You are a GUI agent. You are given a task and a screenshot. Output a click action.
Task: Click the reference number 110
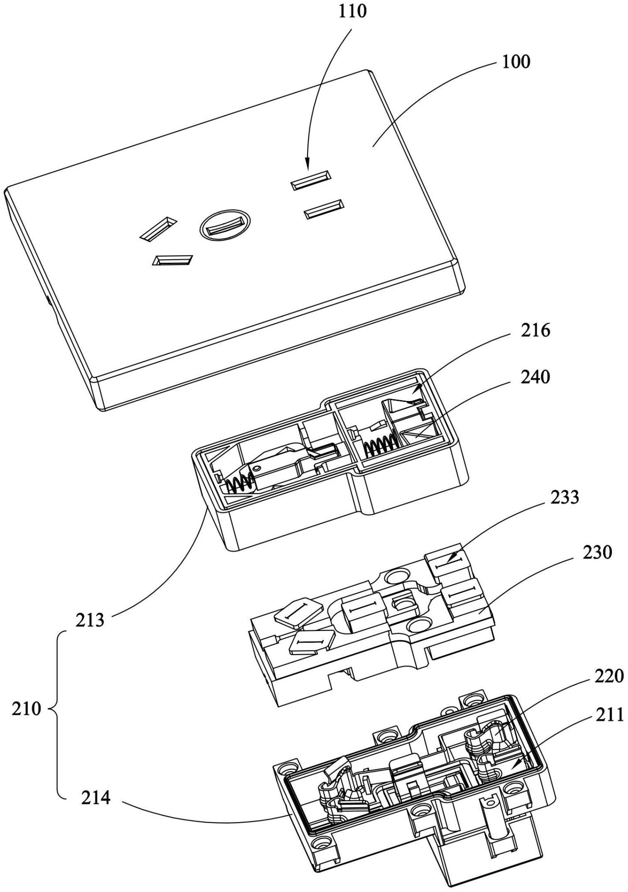352,11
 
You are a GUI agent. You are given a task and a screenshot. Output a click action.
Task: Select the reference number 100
516,62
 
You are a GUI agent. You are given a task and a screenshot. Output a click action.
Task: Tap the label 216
535,331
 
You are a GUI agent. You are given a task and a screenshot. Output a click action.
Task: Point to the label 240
535,377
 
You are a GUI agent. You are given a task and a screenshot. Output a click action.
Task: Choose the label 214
95,797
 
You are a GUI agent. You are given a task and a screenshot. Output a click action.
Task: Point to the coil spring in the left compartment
239,483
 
